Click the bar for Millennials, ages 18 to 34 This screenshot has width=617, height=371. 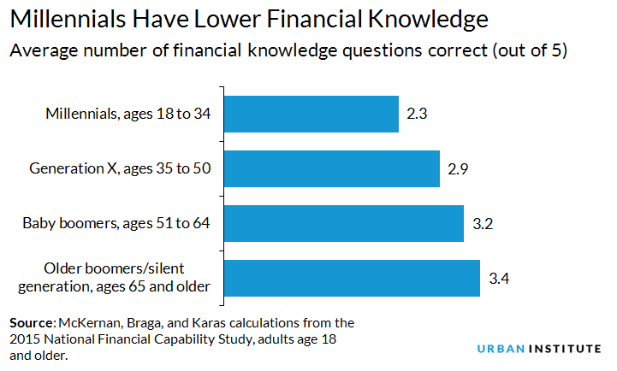(x=311, y=114)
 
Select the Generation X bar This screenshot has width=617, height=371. (x=331, y=169)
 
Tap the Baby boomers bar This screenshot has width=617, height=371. (x=343, y=224)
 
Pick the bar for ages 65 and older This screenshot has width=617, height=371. (x=351, y=278)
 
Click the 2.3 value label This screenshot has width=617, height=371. (x=417, y=115)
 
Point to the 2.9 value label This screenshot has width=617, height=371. (x=458, y=169)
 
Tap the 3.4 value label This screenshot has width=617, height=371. (x=498, y=279)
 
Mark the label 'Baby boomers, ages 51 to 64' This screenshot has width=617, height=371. (x=116, y=224)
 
